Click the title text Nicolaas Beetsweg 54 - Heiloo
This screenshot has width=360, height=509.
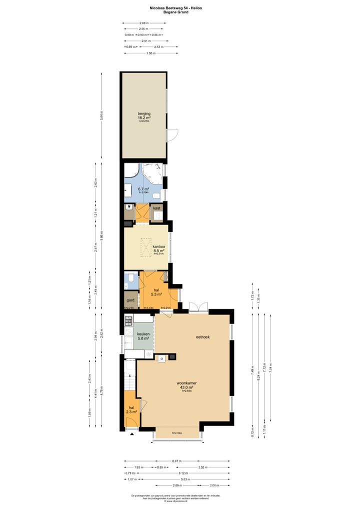176,8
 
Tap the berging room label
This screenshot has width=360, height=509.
144,113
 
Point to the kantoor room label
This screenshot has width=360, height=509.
159,246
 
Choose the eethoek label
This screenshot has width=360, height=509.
202,337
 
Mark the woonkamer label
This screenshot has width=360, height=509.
186,383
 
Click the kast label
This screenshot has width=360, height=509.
157,208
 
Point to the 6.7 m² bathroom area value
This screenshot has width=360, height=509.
143,189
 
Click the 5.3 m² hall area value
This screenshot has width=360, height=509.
156,295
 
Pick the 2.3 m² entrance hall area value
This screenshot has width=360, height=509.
131,412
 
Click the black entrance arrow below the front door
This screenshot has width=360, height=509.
132,434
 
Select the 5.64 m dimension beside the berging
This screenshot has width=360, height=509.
102,115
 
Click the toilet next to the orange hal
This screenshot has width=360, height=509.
130,278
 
